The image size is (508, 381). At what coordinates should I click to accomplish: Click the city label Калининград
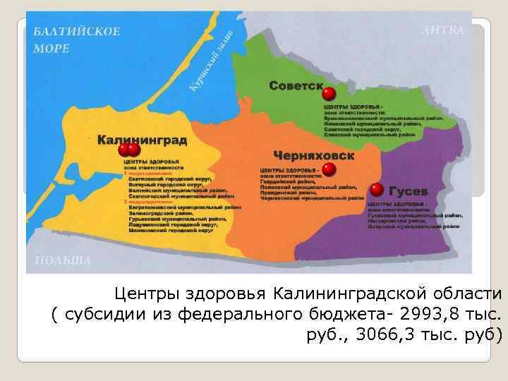[142, 140]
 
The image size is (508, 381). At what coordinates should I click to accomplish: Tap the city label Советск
[296, 85]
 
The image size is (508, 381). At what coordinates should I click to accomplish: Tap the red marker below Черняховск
[329, 169]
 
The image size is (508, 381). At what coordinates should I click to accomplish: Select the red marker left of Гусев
[377, 190]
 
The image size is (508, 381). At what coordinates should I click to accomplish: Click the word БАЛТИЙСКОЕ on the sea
[77, 32]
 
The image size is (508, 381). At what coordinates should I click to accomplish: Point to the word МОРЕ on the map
[52, 49]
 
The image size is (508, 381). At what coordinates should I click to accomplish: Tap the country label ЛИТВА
[444, 30]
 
